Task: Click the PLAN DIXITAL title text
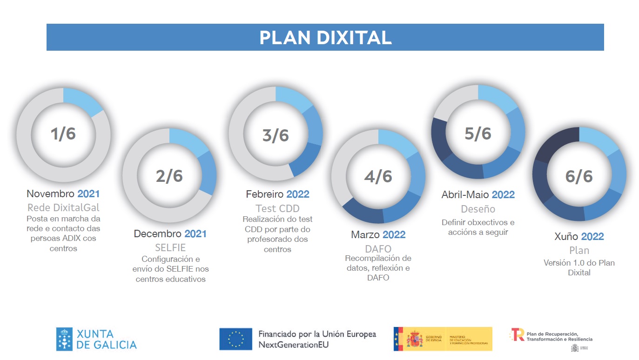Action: click(x=325, y=38)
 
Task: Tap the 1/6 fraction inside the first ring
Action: click(x=63, y=134)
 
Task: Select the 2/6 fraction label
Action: click(x=169, y=176)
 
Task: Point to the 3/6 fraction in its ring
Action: click(x=276, y=135)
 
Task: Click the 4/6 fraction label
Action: click(x=378, y=176)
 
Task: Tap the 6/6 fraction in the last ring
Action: click(x=579, y=176)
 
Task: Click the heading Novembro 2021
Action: click(x=63, y=194)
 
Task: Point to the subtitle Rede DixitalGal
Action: click(x=63, y=207)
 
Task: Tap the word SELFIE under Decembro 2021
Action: click(x=170, y=247)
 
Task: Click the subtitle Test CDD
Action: click(x=277, y=208)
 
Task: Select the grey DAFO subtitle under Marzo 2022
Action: click(x=378, y=249)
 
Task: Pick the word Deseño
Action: click(x=478, y=209)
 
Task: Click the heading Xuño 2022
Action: click(x=579, y=237)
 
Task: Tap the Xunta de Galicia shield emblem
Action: click(x=64, y=339)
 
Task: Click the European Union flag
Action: click(x=236, y=339)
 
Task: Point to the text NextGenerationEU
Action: click(x=293, y=345)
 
